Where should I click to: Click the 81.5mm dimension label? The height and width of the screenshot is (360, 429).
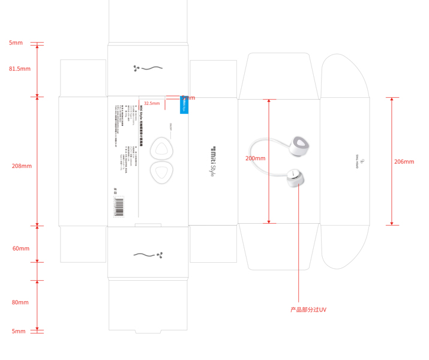(x=19, y=69)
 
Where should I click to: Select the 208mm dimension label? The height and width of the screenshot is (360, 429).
(x=22, y=166)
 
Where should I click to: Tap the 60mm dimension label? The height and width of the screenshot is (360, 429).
(x=21, y=248)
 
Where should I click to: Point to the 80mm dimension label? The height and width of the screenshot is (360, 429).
(x=20, y=302)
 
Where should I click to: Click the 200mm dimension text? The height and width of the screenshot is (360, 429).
(x=255, y=158)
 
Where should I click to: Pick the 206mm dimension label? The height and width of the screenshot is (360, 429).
(x=404, y=161)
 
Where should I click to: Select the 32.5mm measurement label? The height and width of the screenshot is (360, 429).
(x=152, y=103)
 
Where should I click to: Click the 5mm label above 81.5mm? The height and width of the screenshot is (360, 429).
(x=16, y=43)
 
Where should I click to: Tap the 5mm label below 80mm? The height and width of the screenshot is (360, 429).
(x=19, y=331)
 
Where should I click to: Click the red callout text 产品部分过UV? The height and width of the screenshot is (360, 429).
(x=308, y=310)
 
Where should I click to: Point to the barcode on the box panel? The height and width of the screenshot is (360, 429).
(x=118, y=206)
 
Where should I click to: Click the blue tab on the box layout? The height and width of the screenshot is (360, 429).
(x=184, y=106)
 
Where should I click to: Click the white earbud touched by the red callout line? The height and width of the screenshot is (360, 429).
(x=295, y=178)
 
